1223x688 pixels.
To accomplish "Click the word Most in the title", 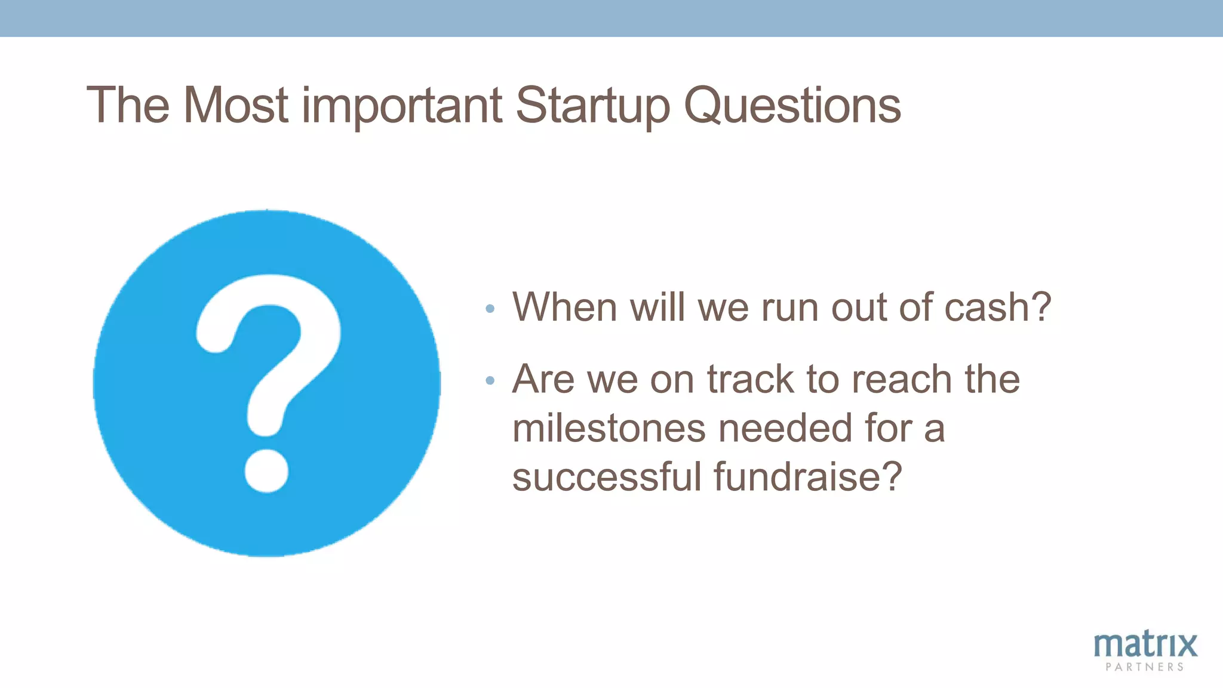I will click(x=236, y=106).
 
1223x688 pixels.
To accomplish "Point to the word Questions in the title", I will click(x=792, y=106).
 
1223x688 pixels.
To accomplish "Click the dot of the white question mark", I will click(x=266, y=471).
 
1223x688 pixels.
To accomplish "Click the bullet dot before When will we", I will click(x=490, y=309).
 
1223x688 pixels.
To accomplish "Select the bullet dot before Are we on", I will click(x=490, y=380).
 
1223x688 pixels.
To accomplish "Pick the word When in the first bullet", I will click(x=564, y=308).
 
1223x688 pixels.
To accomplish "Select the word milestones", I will click(x=609, y=428).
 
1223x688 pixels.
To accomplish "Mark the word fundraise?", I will click(x=807, y=477).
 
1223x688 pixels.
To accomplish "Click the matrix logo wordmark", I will click(x=1145, y=646).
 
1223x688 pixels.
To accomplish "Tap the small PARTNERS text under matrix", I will click(x=1145, y=667).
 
